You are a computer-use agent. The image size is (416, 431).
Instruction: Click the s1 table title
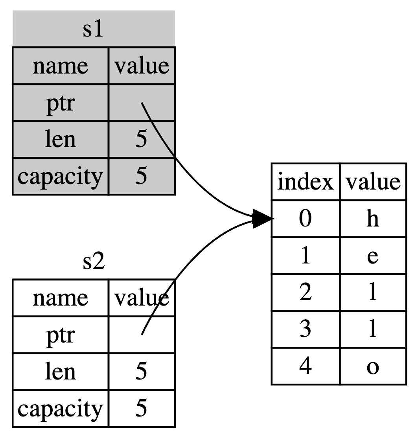93,30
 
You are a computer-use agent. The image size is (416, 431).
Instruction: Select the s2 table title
94,262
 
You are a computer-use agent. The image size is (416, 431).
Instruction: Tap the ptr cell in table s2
60,335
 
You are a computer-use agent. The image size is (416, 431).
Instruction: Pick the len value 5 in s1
141,140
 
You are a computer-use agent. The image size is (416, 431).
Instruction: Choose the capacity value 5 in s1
141,176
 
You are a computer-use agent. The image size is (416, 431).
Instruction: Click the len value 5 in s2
141,372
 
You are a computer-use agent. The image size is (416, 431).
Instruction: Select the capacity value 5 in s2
141,409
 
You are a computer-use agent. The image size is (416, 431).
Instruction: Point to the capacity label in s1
60,176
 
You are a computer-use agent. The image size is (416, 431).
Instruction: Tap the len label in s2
60,372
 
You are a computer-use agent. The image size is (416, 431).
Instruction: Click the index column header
305,182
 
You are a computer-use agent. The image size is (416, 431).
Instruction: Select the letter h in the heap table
372,219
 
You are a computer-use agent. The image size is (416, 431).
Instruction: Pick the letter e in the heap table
372,256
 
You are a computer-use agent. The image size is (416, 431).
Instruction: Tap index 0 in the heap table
305,219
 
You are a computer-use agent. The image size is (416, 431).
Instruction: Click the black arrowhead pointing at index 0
261,219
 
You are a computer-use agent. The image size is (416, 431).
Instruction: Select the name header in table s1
60,66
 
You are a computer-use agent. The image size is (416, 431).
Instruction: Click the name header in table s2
60,298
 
